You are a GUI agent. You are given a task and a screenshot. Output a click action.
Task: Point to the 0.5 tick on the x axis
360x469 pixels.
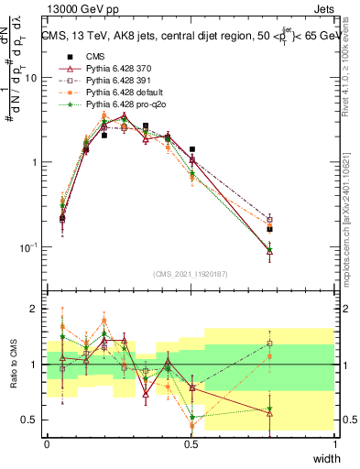point(191,443)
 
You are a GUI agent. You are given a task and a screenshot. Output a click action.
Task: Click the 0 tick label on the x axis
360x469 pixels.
point(47,443)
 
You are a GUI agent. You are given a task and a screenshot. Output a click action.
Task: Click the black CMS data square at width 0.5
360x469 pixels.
point(191,148)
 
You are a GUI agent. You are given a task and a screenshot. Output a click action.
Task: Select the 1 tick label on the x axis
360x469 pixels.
point(334,443)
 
